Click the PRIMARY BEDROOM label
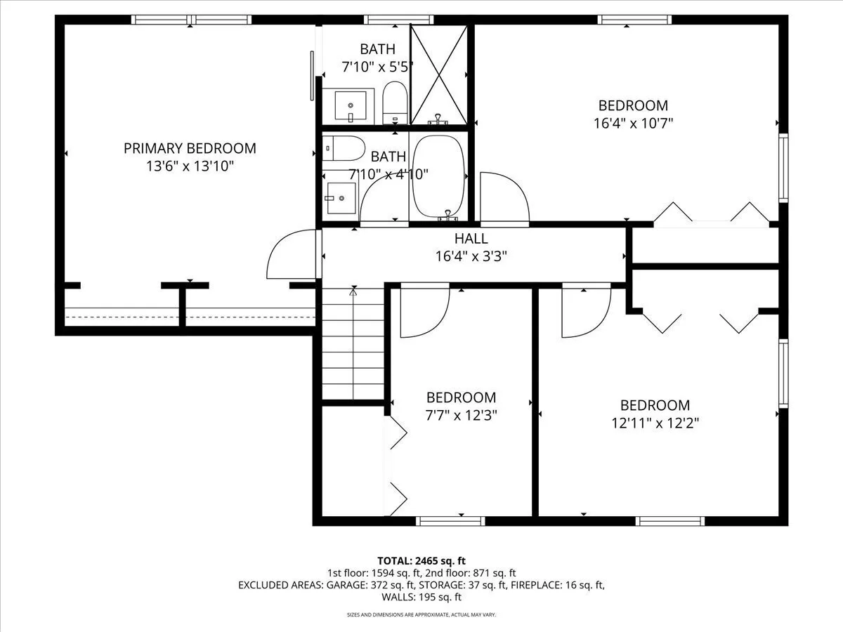pyautogui.click(x=190, y=148)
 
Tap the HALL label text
pyautogui.click(x=471, y=239)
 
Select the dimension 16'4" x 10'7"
pyautogui.click(x=634, y=124)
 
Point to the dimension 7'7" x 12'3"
pyautogui.click(x=462, y=415)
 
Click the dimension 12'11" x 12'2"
pyautogui.click(x=655, y=423)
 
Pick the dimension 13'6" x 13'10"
pyautogui.click(x=190, y=166)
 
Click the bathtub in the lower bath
pyautogui.click(x=438, y=176)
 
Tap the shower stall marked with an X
pyautogui.click(x=438, y=75)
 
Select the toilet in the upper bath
pyautogui.click(x=395, y=103)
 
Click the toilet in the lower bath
pyautogui.click(x=344, y=148)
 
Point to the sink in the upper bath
pyautogui.click(x=351, y=106)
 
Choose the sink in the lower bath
pyautogui.click(x=341, y=198)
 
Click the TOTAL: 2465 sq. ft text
pyautogui.click(x=421, y=561)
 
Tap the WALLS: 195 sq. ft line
pyautogui.click(x=421, y=597)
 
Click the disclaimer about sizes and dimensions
pyautogui.click(x=421, y=614)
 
